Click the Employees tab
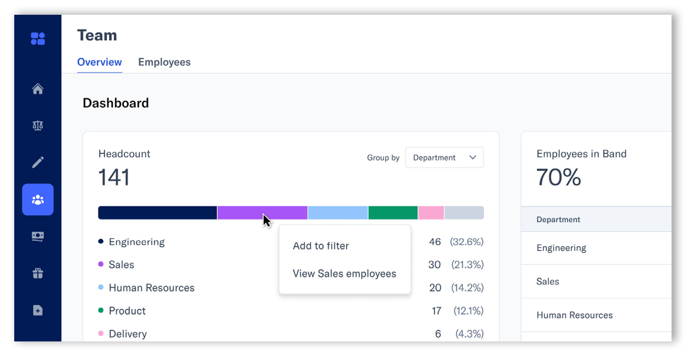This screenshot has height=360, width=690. [164, 62]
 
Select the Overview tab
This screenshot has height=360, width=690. [100, 62]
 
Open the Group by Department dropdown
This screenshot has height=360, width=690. [444, 158]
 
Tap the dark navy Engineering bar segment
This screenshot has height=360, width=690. [157, 213]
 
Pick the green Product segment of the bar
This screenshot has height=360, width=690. [393, 213]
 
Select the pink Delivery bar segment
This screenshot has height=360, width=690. [431, 213]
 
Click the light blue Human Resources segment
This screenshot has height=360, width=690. [338, 213]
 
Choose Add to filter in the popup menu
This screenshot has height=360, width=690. [321, 246]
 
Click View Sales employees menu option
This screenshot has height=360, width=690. [344, 274]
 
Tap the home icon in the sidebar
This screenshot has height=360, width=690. [38, 89]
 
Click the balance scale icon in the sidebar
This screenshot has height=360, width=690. [38, 125]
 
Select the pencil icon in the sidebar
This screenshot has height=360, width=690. [38, 162]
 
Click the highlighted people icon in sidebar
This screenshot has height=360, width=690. [38, 200]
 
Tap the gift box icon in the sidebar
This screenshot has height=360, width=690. [38, 274]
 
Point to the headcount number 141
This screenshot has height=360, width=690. [114, 178]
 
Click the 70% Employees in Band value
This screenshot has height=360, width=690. [558, 178]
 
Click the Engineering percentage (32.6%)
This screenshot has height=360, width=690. [466, 242]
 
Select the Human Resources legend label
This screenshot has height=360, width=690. [152, 288]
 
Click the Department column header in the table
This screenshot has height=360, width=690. [558, 219]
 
